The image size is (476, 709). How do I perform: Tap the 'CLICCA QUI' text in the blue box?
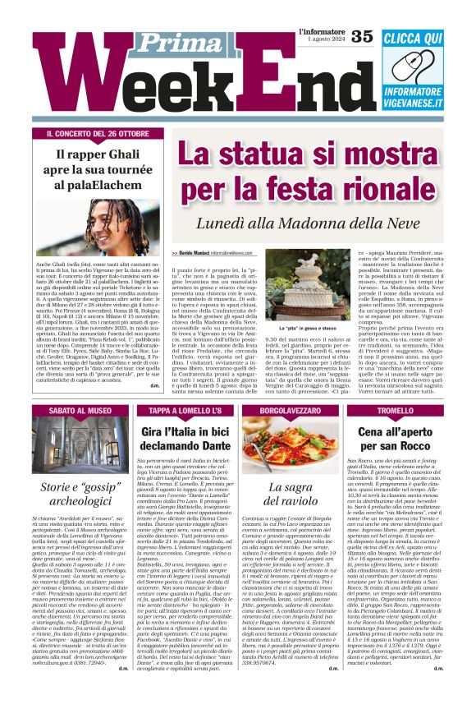[412, 39]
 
